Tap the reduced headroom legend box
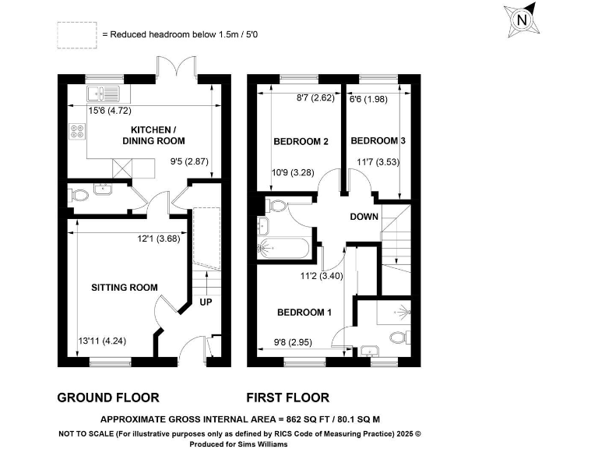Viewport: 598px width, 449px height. tap(76, 34)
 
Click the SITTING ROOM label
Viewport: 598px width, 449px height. tap(125, 288)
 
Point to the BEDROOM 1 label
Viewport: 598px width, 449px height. tap(304, 313)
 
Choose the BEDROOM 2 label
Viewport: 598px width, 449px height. tap(300, 142)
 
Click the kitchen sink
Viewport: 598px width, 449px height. tap(102, 95)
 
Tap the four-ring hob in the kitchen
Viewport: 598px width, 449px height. tap(77, 133)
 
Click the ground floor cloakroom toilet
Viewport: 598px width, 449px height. tap(77, 198)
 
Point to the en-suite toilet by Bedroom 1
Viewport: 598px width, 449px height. tap(399, 338)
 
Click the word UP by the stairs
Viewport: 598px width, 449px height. tap(206, 302)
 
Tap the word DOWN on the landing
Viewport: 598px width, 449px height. tap(364, 217)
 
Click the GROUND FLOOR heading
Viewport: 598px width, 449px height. tap(108, 397)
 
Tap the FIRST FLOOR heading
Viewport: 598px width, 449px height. tap(287, 397)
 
